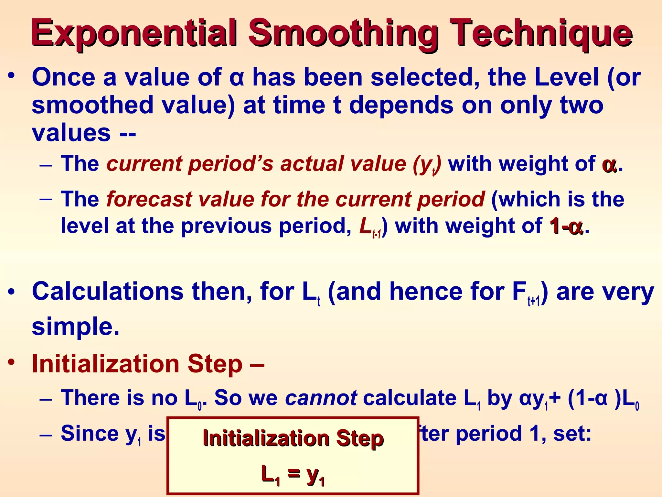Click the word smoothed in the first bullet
point(92,105)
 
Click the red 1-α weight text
point(566,226)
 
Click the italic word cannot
point(321,398)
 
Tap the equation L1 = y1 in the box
point(293,475)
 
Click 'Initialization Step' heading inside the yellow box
point(293,439)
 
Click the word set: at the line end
point(572,433)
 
